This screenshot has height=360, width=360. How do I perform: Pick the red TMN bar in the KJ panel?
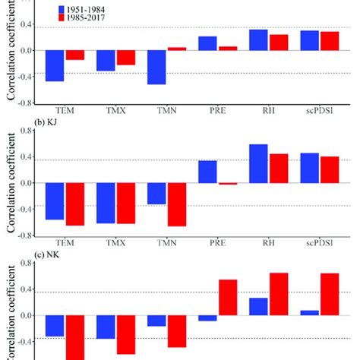coord(177,204)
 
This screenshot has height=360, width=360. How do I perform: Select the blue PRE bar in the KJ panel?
coord(207,172)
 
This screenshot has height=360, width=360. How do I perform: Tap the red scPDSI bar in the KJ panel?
coord(330,169)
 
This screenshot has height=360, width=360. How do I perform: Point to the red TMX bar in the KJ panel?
coord(126,203)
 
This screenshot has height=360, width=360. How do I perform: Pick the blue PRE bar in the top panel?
coord(207,43)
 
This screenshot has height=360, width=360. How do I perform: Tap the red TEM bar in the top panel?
coord(75,55)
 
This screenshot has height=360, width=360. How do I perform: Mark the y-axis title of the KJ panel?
coord(11,182)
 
